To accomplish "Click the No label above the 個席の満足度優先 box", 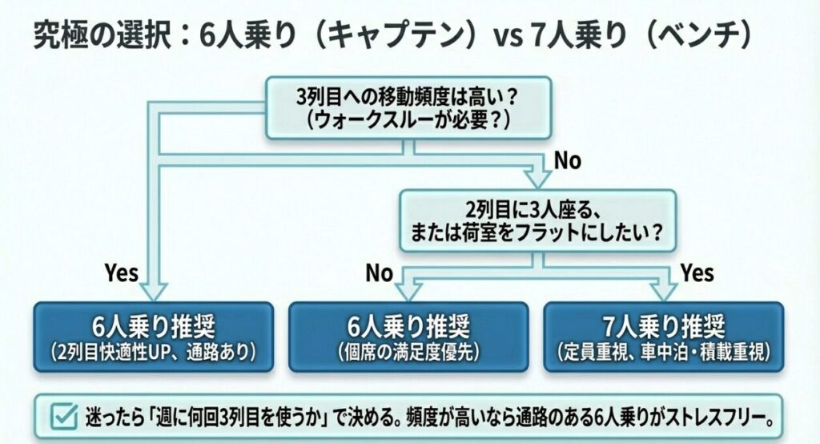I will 380,273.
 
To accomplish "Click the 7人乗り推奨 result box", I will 662,337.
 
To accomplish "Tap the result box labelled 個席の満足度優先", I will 408,337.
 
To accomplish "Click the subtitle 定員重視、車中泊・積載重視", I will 662,351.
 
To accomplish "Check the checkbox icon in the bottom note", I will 62,416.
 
